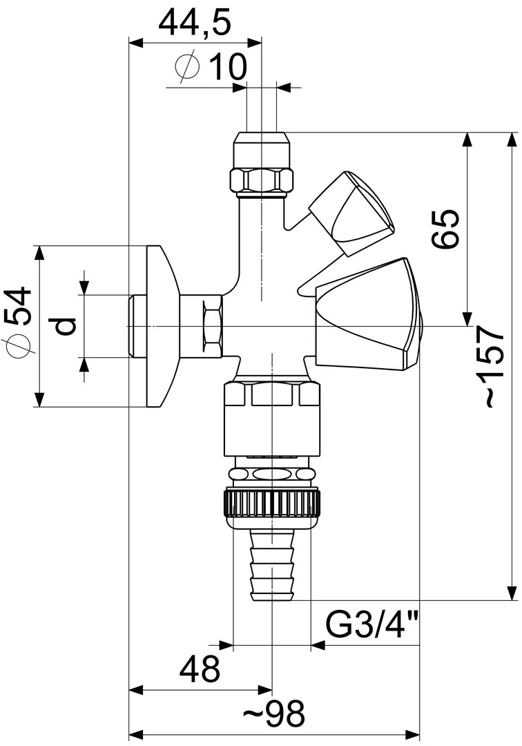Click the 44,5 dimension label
[x=195, y=23]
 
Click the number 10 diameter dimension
[x=228, y=66]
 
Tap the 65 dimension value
[x=445, y=228]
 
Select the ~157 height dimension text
[x=491, y=366]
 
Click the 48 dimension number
[x=200, y=669]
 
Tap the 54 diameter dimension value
[x=19, y=307]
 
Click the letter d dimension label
[x=64, y=325]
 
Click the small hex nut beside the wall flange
[x=211, y=326]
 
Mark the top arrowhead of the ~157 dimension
[x=512, y=140]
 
